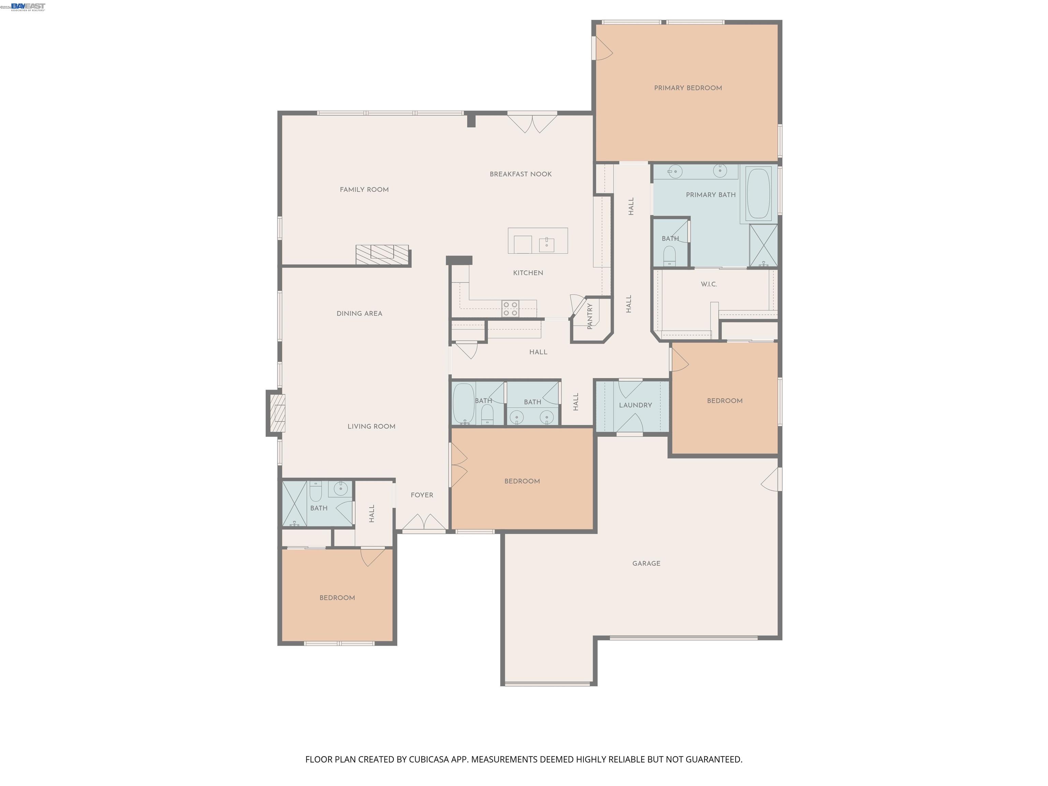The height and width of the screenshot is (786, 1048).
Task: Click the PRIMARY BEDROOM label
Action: coord(688,88)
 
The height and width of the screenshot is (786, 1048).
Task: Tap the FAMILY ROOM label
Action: coord(364,190)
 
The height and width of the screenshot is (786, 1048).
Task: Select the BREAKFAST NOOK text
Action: coord(521,174)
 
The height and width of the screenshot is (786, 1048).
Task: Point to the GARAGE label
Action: coord(646,563)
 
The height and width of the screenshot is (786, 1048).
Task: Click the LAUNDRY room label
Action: coord(635,405)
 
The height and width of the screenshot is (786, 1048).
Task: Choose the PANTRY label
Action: coord(590,317)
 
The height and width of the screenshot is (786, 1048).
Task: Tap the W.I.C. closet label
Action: coord(709,284)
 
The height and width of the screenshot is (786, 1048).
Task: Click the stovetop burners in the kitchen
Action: coord(510,309)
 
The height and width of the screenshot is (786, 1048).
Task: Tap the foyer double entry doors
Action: coord(424,523)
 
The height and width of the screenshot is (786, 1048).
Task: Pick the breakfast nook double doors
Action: coord(532,123)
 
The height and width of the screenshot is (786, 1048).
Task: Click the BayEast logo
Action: coord(28,6)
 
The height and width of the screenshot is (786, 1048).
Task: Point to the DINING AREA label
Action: coord(359,314)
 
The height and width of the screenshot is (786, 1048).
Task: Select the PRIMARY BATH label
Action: coord(711,195)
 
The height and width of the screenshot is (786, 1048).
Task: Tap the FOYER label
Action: coord(422,495)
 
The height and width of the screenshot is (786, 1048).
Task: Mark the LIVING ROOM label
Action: coord(372,426)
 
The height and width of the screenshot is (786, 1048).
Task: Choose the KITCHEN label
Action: coord(528,273)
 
